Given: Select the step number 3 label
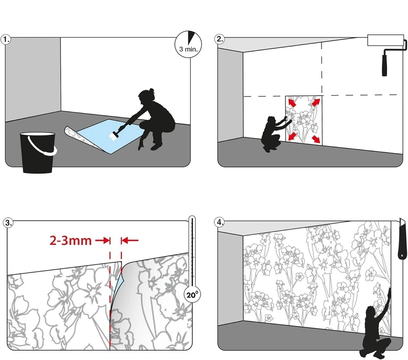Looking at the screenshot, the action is point(8,223).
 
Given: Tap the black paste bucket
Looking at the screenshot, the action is point(38,153).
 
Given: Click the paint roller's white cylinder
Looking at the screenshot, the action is point(385,40).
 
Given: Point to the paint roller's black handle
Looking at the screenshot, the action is point(385,63).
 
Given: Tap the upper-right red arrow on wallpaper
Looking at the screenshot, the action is point(316,102).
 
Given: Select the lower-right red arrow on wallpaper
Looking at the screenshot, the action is point(316,139).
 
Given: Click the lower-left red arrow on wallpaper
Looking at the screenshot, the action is point(292,136).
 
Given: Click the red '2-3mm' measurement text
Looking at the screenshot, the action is point(71,241).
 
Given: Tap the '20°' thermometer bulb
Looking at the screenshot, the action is point(192,295).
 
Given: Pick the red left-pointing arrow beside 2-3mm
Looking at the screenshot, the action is point(130,241).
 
